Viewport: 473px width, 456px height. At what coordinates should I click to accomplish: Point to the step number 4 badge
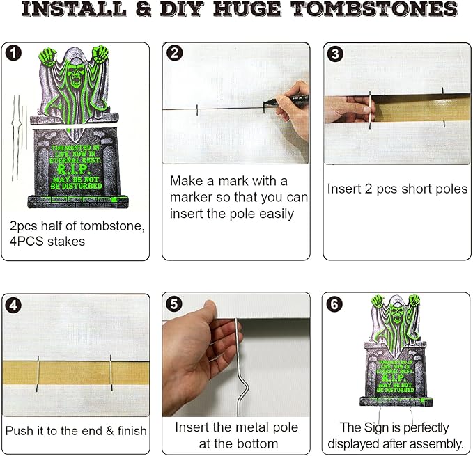[x=12, y=304]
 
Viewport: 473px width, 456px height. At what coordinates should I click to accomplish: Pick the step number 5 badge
[x=174, y=304]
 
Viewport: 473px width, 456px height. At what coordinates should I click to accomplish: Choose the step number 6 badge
[x=334, y=304]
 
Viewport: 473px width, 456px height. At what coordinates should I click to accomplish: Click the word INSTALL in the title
[x=65, y=10]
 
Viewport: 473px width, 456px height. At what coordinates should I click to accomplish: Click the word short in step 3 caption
[x=403, y=189]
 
